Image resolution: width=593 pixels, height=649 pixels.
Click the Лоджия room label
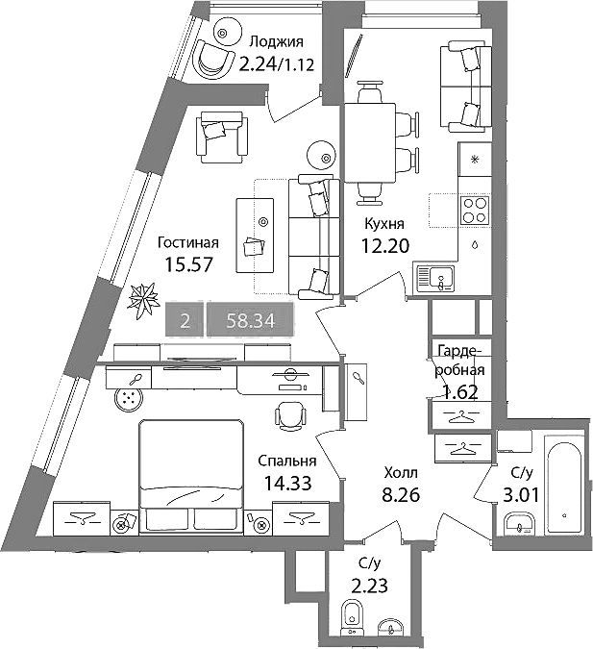point(277,42)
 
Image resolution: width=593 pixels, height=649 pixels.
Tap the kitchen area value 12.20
point(385,246)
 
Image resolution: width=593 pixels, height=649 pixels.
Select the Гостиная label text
point(188,242)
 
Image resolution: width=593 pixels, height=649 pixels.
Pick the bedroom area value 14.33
point(287,483)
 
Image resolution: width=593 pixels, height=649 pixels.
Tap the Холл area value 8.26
point(401,494)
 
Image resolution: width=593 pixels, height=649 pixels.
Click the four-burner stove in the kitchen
point(475,211)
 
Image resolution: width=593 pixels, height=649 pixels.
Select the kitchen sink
point(435,277)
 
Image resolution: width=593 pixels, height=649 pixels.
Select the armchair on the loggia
point(214,58)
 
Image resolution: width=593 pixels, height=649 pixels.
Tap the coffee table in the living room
point(256,236)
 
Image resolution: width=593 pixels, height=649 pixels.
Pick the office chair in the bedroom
point(291,416)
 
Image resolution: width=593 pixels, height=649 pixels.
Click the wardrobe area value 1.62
point(460,391)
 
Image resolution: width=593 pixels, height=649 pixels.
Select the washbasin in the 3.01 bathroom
point(519,523)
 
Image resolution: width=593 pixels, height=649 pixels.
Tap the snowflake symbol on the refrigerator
point(475,159)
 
